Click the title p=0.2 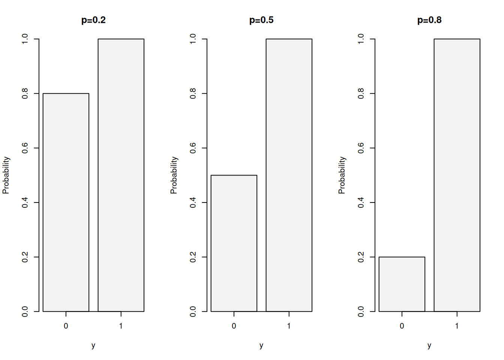pyautogui.click(x=93, y=20)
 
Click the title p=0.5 pyautogui.click(x=261, y=20)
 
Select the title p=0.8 pyautogui.click(x=429, y=20)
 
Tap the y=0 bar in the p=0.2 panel pyautogui.click(x=66, y=202)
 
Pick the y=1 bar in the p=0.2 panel pyautogui.click(x=121, y=175)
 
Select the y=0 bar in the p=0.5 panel pyautogui.click(x=234, y=243)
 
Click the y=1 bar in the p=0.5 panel pyautogui.click(x=289, y=175)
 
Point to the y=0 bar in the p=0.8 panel pyautogui.click(x=402, y=284)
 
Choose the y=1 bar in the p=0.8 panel pyautogui.click(x=457, y=175)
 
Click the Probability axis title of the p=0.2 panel pyautogui.click(x=6, y=175)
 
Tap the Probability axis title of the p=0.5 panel pyautogui.click(x=174, y=175)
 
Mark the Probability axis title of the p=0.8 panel pyautogui.click(x=342, y=175)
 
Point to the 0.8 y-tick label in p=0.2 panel pyautogui.click(x=25, y=93)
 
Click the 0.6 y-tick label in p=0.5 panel pyautogui.click(x=193, y=148)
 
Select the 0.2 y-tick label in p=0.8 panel pyautogui.click(x=361, y=257)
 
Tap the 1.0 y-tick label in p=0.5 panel pyautogui.click(x=193, y=39)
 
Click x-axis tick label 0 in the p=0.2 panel pyautogui.click(x=66, y=326)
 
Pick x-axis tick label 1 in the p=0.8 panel pyautogui.click(x=457, y=326)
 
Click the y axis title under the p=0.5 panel pyautogui.click(x=261, y=345)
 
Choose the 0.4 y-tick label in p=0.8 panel pyautogui.click(x=361, y=202)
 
